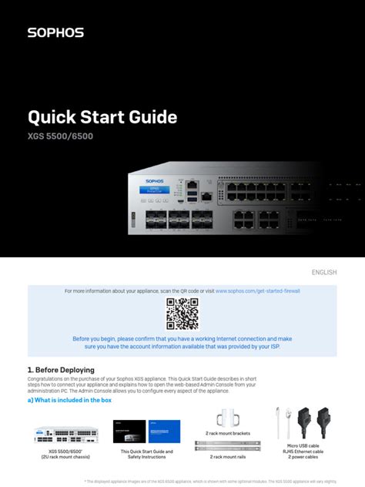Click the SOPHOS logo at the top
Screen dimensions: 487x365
point(55,32)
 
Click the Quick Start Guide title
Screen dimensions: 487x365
point(102,118)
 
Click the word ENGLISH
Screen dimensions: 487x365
point(323,272)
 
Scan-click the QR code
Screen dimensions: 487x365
point(182,314)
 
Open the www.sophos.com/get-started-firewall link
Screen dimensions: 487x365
point(257,291)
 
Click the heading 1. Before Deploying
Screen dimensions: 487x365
point(61,370)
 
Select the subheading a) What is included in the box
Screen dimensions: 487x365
point(69,400)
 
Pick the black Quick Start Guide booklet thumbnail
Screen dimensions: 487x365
point(129,431)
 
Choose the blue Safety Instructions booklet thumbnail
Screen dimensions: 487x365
point(164,431)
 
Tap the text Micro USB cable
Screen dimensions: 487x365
point(303,445)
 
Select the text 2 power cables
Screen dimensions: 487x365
point(303,457)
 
